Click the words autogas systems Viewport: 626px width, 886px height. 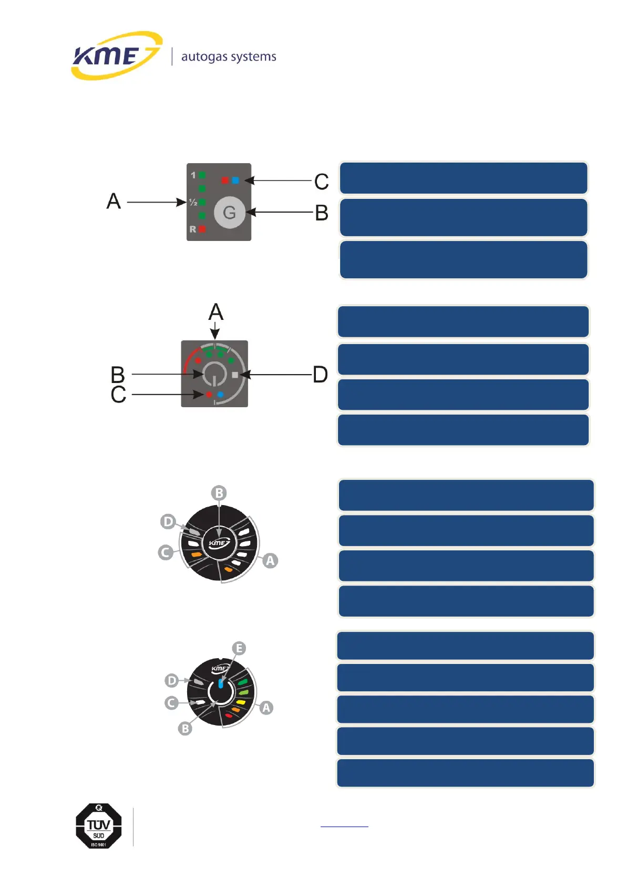click(229, 57)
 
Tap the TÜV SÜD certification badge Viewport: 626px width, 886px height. click(99, 826)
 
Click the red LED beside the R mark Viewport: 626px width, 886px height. click(202, 229)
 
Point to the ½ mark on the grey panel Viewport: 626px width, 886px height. click(193, 202)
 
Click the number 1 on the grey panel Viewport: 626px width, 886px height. click(193, 175)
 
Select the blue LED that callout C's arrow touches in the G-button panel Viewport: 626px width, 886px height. click(235, 180)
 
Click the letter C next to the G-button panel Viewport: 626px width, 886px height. click(321, 182)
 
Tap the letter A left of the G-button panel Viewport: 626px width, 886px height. click(114, 202)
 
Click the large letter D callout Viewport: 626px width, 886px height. click(320, 375)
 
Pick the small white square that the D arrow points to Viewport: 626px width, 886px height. click(234, 375)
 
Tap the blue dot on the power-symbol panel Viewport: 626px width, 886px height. click(221, 394)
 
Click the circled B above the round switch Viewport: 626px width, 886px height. click(219, 493)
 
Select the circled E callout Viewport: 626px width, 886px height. click(239, 648)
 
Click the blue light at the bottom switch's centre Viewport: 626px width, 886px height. click(221, 684)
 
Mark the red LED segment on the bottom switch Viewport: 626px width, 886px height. click(229, 716)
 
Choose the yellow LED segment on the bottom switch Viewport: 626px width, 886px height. click(241, 702)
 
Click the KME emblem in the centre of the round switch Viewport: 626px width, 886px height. click(219, 543)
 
